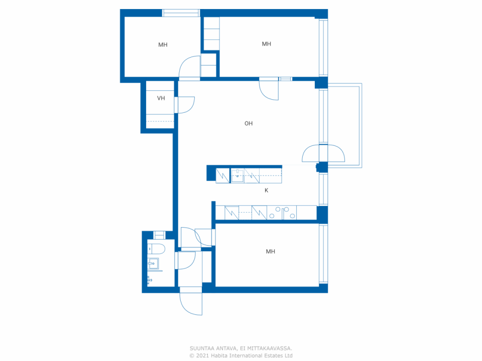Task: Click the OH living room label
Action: (249, 123)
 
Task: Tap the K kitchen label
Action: (266, 191)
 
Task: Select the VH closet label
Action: (161, 98)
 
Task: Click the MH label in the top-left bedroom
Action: (163, 45)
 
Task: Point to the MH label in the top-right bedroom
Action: (266, 44)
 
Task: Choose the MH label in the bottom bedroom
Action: (270, 252)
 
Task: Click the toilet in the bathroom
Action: (156, 249)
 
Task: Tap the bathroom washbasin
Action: (153, 264)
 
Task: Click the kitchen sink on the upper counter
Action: (237, 176)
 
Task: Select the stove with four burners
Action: (282, 213)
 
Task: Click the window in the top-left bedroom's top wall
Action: (181, 13)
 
